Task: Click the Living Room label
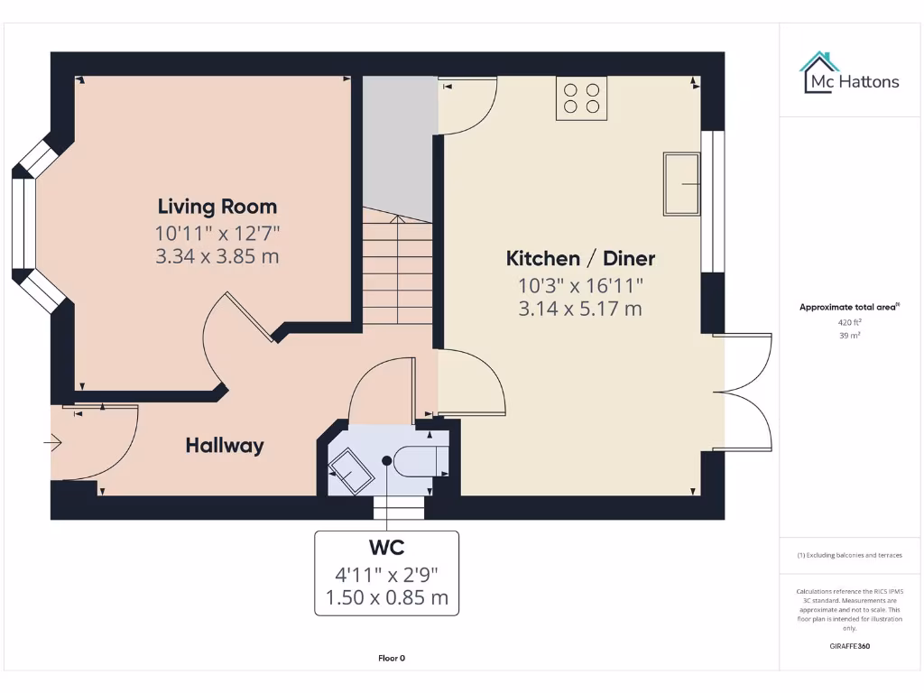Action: pyautogui.click(x=217, y=207)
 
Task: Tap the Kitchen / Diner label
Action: pyautogui.click(x=580, y=259)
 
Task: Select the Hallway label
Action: pyautogui.click(x=225, y=445)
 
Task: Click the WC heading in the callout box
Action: pyautogui.click(x=386, y=548)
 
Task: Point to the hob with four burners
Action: pyautogui.click(x=581, y=97)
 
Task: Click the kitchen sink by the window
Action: pyautogui.click(x=682, y=184)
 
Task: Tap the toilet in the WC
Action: pyautogui.click(x=420, y=460)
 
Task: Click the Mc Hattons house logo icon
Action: pyautogui.click(x=818, y=72)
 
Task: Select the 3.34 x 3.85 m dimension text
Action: pyautogui.click(x=217, y=256)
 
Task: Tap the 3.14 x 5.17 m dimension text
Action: pyautogui.click(x=580, y=309)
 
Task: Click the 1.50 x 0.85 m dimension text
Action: pyautogui.click(x=386, y=596)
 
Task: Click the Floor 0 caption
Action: pyautogui.click(x=392, y=658)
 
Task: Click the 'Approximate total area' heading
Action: pyautogui.click(x=848, y=307)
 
